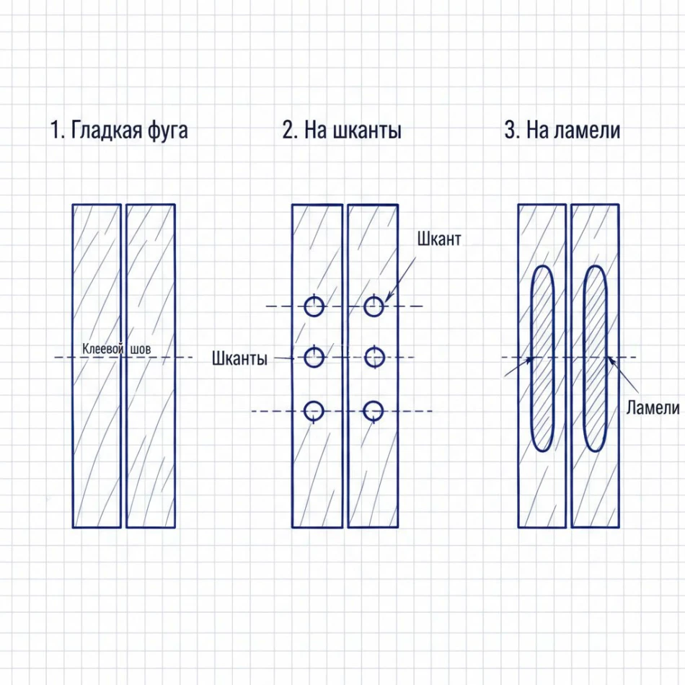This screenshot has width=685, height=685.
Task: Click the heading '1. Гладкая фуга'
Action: coord(119,131)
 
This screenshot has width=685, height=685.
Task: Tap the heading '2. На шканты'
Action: coord(342,131)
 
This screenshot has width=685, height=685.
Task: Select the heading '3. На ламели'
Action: coord(562,131)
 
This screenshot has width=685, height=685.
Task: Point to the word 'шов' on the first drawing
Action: coord(141,350)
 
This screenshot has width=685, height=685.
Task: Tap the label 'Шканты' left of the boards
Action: coord(240,358)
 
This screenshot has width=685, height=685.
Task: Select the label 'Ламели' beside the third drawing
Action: coord(653,408)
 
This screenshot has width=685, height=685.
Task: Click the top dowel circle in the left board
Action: coord(313,307)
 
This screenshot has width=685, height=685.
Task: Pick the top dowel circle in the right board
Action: coord(373,307)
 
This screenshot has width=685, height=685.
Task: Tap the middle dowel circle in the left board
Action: coord(313,357)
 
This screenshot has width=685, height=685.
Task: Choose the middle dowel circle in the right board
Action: coord(373,357)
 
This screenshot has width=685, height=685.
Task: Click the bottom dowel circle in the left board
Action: coord(313,411)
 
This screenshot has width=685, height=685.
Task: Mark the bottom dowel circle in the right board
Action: coord(373,411)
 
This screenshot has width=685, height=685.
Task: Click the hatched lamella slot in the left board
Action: coord(542,358)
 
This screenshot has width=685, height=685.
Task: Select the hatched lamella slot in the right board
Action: coord(595,358)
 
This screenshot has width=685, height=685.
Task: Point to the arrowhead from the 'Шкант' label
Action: coord(387,299)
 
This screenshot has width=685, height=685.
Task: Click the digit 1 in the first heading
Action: coord(55,131)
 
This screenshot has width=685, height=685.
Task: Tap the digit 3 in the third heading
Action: coord(510,131)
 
